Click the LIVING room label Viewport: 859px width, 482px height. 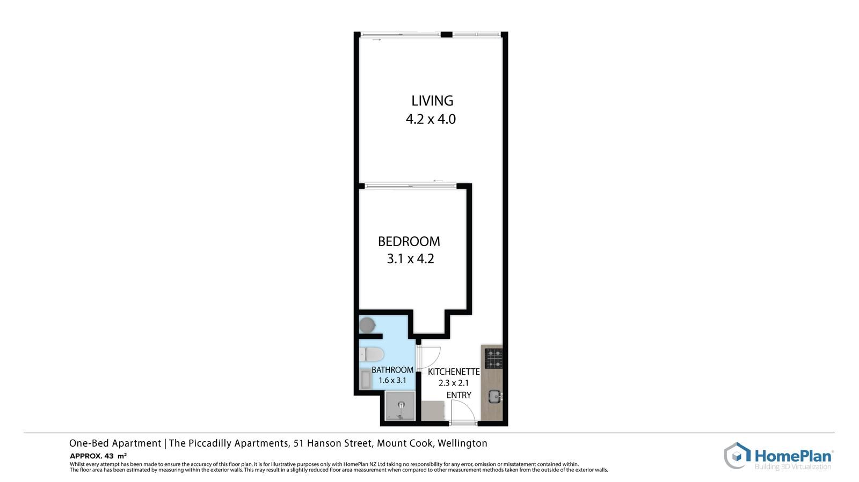coord(432,101)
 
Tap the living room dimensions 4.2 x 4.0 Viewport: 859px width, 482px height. coord(431,119)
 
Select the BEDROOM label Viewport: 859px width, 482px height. coord(409,242)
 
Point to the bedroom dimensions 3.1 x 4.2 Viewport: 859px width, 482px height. coord(410,259)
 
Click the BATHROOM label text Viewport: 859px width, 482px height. coord(392,370)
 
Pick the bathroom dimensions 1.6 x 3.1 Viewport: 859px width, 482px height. coord(392,381)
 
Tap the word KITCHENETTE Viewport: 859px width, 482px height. coord(454,372)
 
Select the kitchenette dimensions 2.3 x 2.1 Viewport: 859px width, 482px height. coord(454,383)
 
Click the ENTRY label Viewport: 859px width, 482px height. coord(458,395)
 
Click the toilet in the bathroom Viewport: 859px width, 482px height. coord(372,354)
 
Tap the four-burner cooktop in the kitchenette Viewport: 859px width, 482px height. coord(493,359)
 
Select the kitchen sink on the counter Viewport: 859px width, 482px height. coord(495,397)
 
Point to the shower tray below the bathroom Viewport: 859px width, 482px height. coord(400,406)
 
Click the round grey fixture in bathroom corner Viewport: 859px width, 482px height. coord(367,325)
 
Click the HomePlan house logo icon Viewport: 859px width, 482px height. coord(737,456)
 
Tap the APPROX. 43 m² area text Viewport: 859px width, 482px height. coord(98,456)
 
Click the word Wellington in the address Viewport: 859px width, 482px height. coord(462,443)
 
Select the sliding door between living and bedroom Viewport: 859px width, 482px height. coord(410,187)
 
